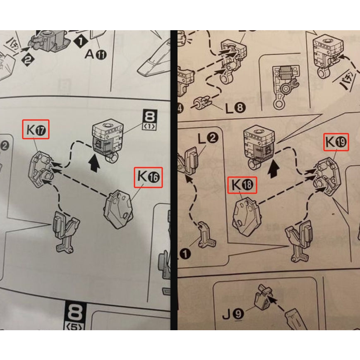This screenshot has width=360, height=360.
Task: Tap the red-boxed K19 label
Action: click(336, 142)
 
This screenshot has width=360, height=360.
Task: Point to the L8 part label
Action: click(235, 109)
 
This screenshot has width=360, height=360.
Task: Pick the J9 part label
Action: click(233, 314)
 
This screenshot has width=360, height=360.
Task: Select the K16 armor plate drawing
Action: click(120, 209)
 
